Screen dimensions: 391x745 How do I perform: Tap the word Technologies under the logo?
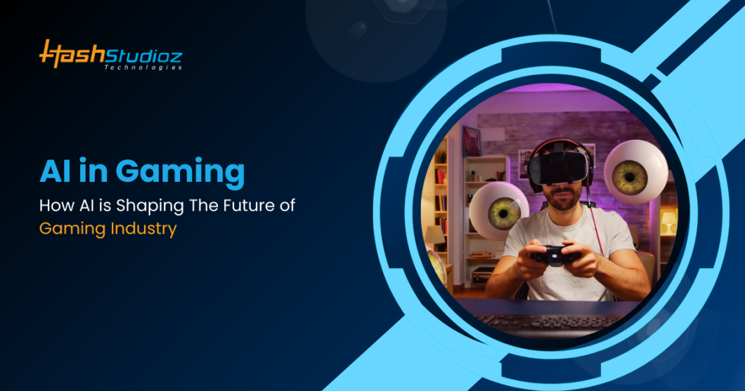pos(143,67)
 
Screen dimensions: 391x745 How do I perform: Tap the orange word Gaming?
pos(69,230)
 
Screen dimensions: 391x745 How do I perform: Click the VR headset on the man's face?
pos(559,166)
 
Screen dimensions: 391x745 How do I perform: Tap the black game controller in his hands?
pos(555,254)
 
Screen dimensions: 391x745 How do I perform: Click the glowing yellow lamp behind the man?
pos(668,224)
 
